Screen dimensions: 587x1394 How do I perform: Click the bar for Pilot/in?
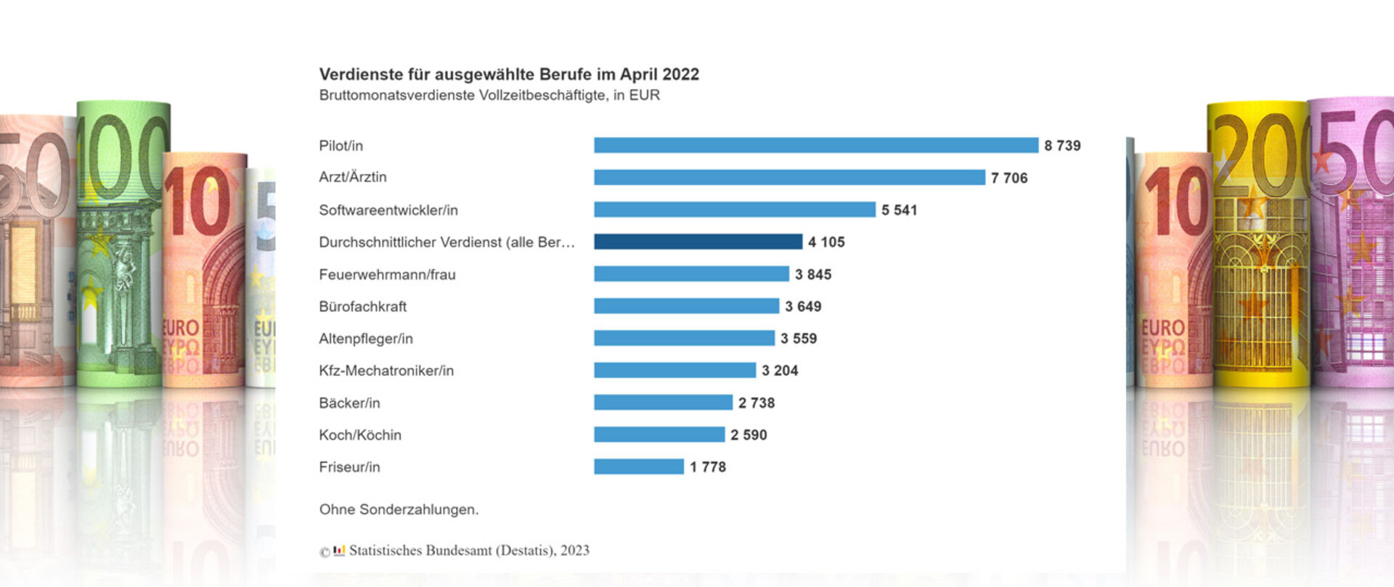(x=815, y=145)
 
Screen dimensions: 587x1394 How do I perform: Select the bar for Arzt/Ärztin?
(x=789, y=177)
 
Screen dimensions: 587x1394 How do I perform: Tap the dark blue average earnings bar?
(x=698, y=242)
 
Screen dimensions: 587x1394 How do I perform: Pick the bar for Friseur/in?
(x=638, y=467)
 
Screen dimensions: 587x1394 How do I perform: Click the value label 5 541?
(x=899, y=210)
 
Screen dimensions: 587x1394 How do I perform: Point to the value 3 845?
(x=812, y=274)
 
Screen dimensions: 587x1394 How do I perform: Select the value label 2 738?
(x=756, y=403)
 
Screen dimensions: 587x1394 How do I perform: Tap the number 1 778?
(x=707, y=467)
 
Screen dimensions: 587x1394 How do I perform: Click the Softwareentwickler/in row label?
(x=388, y=210)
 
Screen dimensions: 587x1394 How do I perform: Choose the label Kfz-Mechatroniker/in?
(x=386, y=371)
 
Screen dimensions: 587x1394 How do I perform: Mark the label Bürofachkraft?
(x=362, y=306)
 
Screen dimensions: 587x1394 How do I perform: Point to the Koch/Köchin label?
(x=359, y=435)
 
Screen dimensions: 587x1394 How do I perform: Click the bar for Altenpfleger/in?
(x=684, y=338)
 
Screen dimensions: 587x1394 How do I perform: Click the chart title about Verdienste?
(x=508, y=74)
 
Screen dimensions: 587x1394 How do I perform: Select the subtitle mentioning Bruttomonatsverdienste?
(x=489, y=95)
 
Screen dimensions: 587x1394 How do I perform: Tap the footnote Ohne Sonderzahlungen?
(x=399, y=509)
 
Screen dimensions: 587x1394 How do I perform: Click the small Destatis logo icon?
(x=338, y=550)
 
